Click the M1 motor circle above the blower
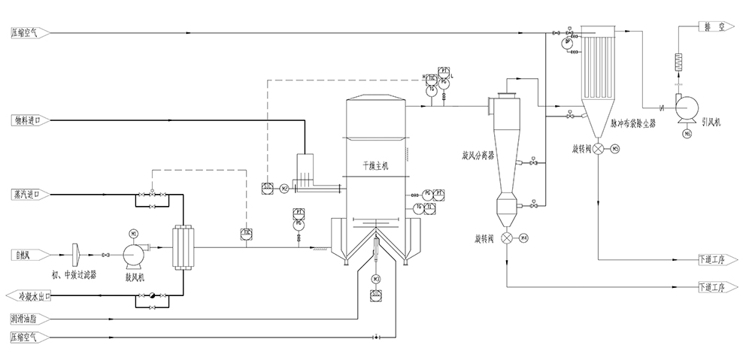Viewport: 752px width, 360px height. [134, 233]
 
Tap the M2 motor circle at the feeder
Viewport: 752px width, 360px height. [284, 187]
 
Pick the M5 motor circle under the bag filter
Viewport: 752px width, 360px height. [615, 149]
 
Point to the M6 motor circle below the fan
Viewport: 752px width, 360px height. [687, 134]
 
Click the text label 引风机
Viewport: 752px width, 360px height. [711, 120]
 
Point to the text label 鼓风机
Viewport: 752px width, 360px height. [136, 277]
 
